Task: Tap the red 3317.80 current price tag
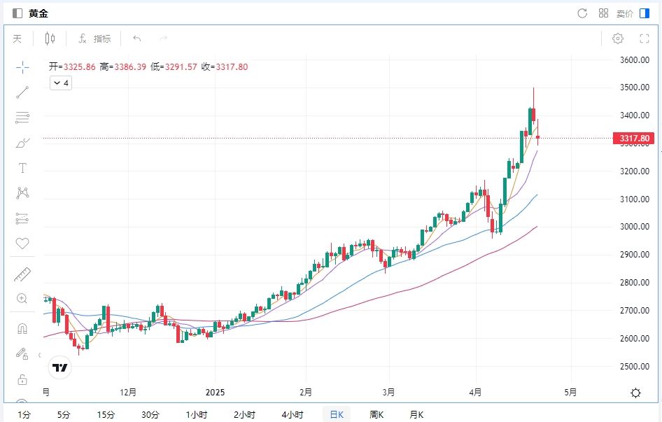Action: tap(633, 139)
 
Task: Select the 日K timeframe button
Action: tap(336, 414)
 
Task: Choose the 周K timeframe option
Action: tap(376, 414)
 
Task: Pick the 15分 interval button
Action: tap(106, 414)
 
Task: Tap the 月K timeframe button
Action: tap(416, 414)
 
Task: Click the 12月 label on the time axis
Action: tap(128, 392)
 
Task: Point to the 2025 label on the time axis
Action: tap(216, 392)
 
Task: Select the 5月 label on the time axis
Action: tap(570, 392)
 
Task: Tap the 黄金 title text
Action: tap(38, 13)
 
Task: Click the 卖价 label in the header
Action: tap(624, 13)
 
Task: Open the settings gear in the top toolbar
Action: tap(618, 38)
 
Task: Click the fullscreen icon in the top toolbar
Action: tap(645, 38)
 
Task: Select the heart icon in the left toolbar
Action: tap(22, 244)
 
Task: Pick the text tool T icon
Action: tap(22, 168)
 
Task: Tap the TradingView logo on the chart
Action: tap(59, 367)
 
